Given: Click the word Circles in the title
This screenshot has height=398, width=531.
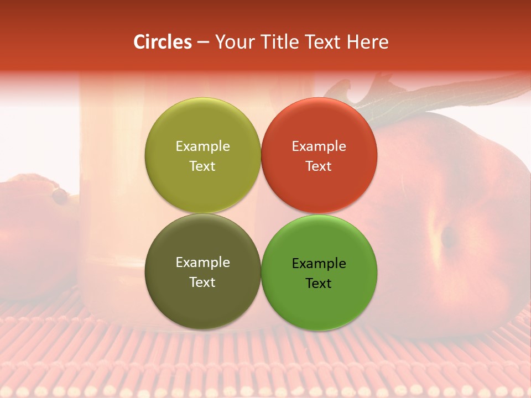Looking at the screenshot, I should pos(162,42).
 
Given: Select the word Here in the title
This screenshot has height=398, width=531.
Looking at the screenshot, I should pos(368,42).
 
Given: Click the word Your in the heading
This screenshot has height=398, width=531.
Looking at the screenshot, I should pos(233,42).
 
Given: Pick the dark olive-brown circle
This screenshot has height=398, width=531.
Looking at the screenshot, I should pos(202,307).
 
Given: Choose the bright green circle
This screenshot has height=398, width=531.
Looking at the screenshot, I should pos(319,307).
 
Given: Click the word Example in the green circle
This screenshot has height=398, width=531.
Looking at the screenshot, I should pos(319,264).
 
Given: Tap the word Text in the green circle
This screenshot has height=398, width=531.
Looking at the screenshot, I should pos(319,284).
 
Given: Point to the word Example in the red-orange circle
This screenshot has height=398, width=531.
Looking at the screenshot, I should pos(319,146).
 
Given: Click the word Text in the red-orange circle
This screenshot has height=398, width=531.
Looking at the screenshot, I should pos(319,166).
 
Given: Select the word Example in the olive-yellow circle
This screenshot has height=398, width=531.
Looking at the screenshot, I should pos(202,146).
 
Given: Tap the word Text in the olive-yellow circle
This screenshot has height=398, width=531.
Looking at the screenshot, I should pos(202,166).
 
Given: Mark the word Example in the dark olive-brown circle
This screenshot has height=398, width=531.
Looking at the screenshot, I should pos(202,263).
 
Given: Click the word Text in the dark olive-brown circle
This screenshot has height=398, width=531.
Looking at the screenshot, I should pos(202,282).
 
